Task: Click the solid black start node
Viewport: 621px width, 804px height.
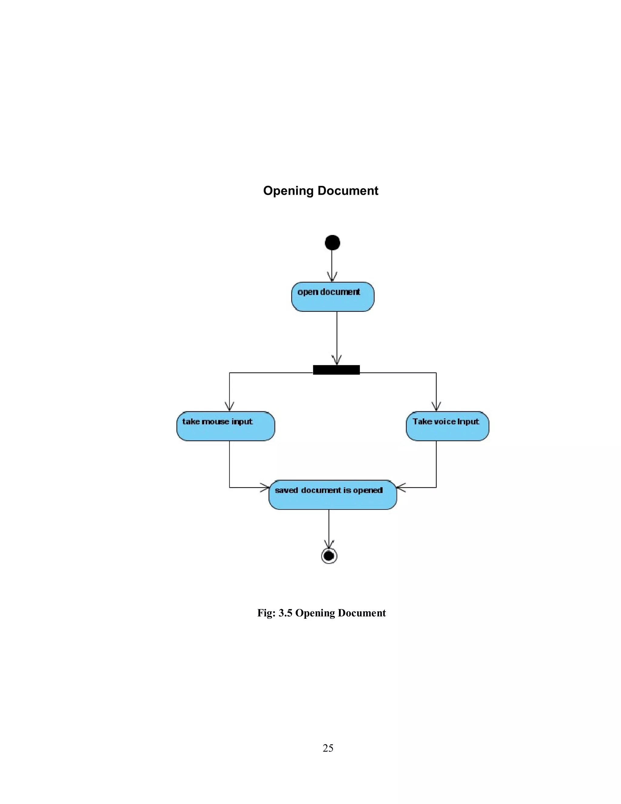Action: (x=332, y=243)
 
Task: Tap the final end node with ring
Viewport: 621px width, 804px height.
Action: (x=329, y=556)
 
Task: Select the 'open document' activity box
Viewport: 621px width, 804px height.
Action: (x=332, y=297)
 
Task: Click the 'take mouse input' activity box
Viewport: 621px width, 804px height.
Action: (x=226, y=426)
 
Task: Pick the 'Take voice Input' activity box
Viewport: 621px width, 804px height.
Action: (x=447, y=426)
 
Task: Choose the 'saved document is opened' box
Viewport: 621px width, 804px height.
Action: (x=332, y=494)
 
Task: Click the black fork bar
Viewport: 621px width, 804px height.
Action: (x=336, y=370)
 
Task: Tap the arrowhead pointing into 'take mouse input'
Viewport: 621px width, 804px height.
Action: (x=229, y=407)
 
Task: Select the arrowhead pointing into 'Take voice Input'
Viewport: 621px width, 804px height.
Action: (x=436, y=407)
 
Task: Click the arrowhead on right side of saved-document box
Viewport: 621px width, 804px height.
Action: (x=401, y=487)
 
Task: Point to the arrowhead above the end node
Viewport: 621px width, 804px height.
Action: (x=329, y=545)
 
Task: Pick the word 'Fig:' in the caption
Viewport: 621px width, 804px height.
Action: (x=267, y=613)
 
